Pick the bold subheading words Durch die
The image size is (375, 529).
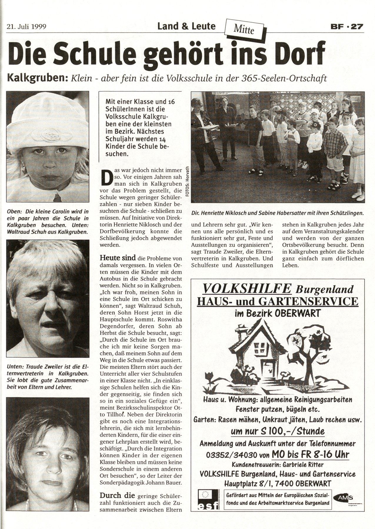point(117,495)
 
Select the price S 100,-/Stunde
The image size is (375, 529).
point(278,431)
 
